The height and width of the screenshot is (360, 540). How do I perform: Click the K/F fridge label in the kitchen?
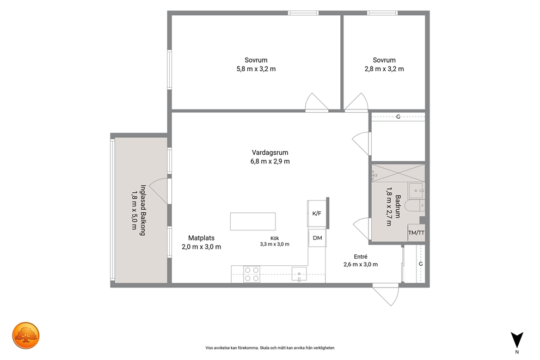click(317, 213)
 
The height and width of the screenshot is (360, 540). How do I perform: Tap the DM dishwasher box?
click(317, 237)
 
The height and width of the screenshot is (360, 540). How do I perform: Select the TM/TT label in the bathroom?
click(416, 233)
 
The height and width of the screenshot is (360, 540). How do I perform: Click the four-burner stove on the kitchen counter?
click(251, 274)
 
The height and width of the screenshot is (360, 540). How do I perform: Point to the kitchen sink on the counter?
click(299, 274)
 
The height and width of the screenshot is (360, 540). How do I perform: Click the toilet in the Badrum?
click(415, 205)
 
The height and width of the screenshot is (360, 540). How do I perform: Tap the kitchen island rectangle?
click(253, 221)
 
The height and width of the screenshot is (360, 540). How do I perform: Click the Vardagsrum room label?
click(270, 152)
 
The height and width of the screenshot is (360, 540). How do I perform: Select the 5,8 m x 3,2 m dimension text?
click(256, 69)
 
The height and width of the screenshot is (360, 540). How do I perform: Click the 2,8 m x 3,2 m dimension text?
click(384, 69)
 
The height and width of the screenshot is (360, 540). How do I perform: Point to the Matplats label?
click(201, 237)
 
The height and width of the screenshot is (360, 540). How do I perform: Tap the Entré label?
click(360, 257)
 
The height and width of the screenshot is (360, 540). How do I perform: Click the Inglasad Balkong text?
click(143, 210)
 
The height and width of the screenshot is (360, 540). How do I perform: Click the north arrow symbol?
click(517, 340)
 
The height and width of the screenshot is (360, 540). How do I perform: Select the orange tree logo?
click(26, 335)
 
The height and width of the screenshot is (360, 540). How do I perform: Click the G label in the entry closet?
click(420, 264)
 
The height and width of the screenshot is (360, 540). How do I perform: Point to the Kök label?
click(274, 238)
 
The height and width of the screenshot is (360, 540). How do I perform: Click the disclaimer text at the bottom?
click(270, 348)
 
